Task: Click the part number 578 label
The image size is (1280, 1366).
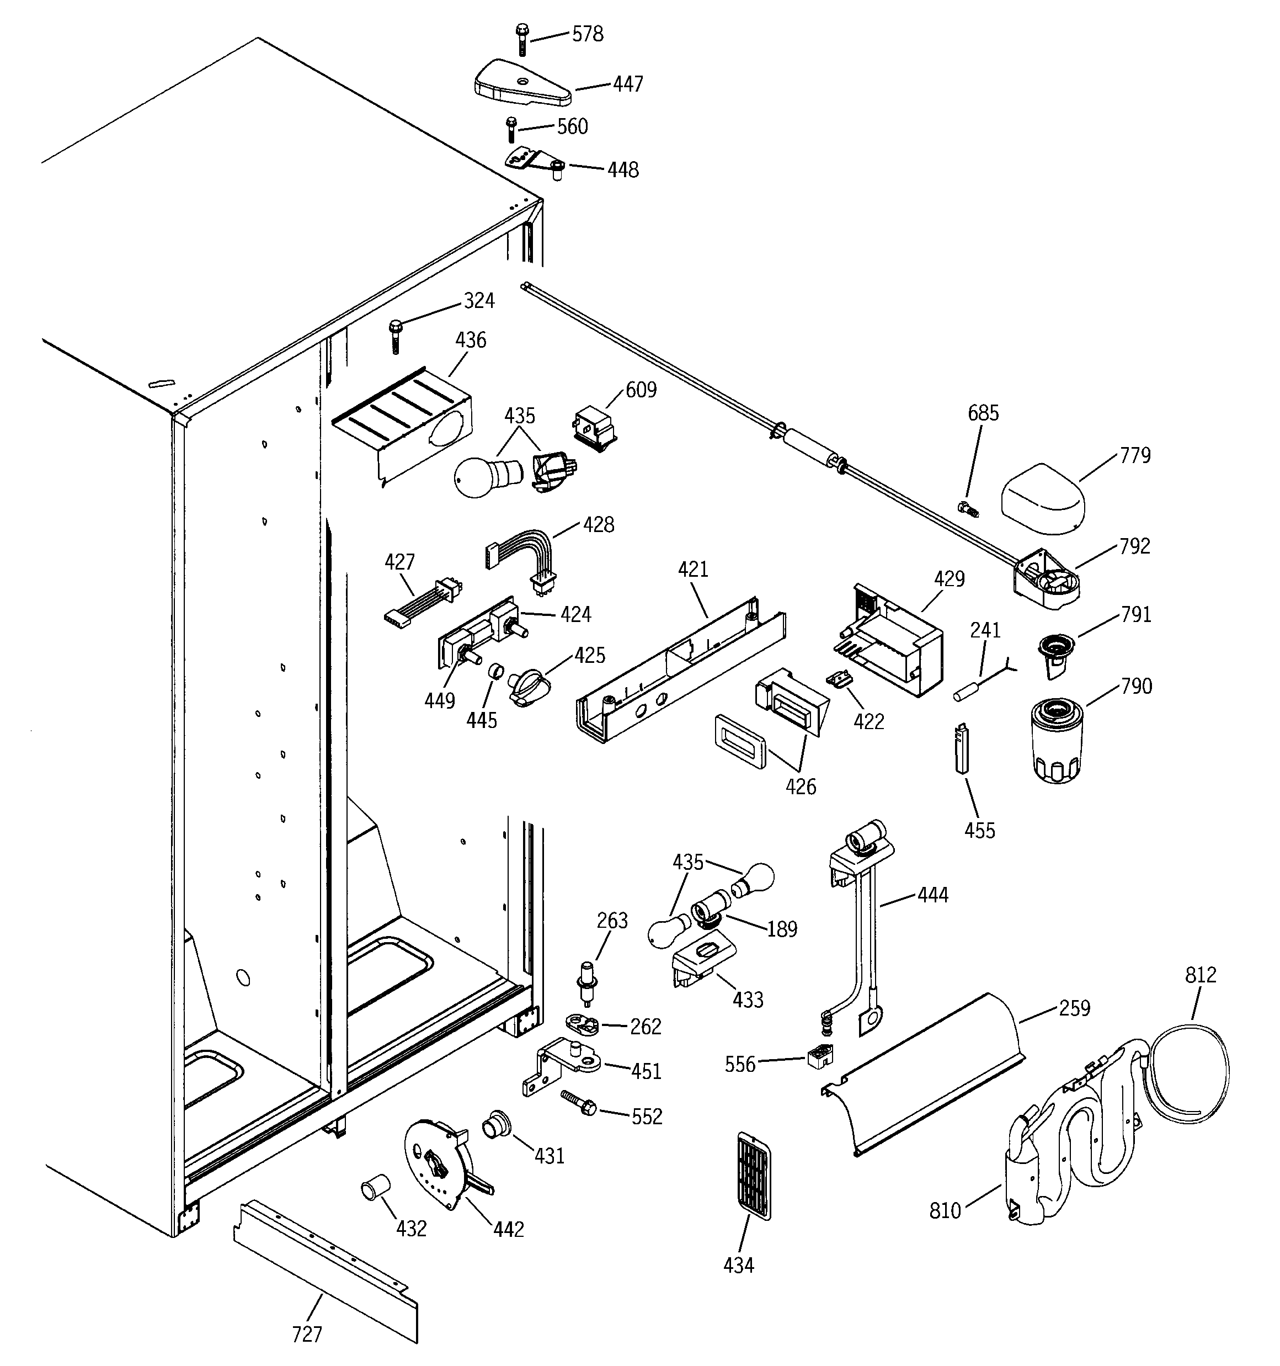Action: pyautogui.click(x=588, y=34)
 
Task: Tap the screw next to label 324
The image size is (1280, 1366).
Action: pyautogui.click(x=395, y=336)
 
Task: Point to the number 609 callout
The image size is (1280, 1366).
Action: pyautogui.click(x=641, y=390)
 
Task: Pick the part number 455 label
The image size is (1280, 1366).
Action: pyautogui.click(x=979, y=830)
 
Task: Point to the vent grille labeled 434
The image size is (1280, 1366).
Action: pyautogui.click(x=754, y=1176)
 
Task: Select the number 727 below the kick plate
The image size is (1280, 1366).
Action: pyautogui.click(x=307, y=1333)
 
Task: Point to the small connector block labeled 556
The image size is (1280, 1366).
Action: pyautogui.click(x=820, y=1057)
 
